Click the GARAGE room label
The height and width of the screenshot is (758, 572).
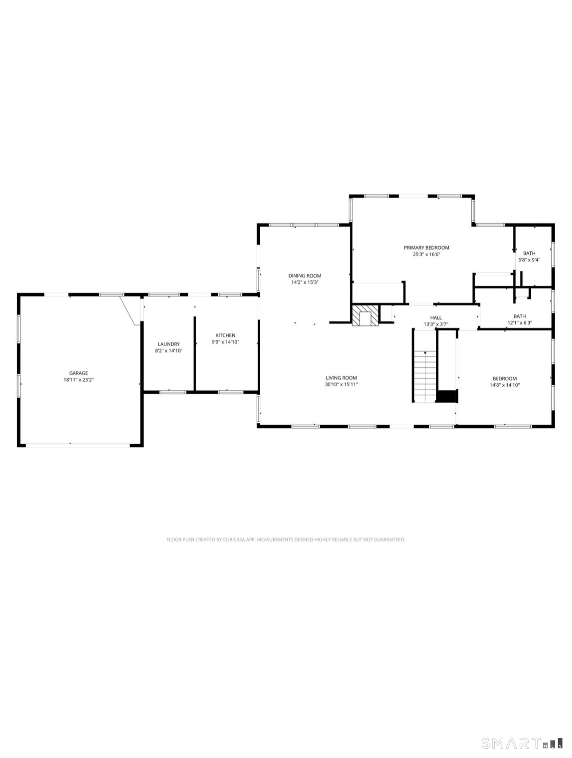click(78, 373)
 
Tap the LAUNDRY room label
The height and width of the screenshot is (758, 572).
click(169, 344)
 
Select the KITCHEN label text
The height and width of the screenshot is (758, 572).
click(225, 335)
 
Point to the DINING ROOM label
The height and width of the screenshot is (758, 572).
click(305, 275)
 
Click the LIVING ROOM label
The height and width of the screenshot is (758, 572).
click(341, 378)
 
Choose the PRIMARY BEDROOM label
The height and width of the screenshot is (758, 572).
click(427, 248)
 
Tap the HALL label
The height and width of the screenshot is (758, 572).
click(436, 317)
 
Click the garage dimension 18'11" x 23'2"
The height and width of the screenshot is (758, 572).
click(78, 379)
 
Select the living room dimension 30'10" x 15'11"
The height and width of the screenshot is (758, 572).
click(341, 384)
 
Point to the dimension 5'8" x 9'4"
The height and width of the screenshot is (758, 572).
click(529, 260)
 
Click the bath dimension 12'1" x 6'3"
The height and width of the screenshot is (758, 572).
click(520, 323)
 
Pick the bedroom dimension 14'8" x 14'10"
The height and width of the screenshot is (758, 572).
click(505, 385)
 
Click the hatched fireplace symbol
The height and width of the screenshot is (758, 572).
click(366, 315)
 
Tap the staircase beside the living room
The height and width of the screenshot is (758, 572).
click(425, 375)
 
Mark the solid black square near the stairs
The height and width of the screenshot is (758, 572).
click(447, 396)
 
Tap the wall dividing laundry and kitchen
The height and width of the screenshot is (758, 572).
click(195, 354)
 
